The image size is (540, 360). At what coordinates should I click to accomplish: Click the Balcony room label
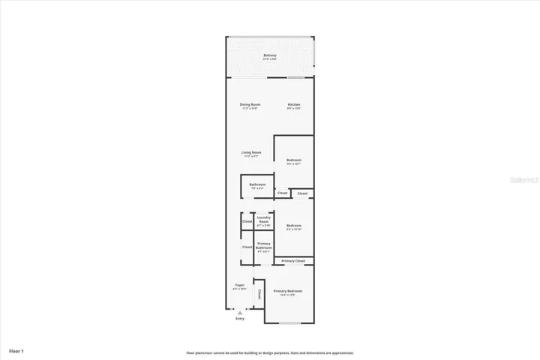tap(270, 57)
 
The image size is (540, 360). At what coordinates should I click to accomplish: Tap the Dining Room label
tap(250, 106)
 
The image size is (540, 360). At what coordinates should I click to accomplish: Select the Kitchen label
tap(294, 106)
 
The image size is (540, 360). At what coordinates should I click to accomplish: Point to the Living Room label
tap(250, 154)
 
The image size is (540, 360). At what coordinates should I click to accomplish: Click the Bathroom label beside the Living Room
tap(258, 185)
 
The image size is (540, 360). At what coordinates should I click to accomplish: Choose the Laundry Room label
tap(263, 220)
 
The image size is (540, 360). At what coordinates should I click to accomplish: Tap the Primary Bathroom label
tap(264, 246)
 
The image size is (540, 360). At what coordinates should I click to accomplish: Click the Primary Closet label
tap(293, 261)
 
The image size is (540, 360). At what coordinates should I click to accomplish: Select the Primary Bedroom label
tap(288, 292)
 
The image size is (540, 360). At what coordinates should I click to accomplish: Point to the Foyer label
tap(240, 286)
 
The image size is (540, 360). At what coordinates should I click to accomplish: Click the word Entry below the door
tap(240, 319)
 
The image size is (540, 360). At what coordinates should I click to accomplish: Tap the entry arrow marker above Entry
tap(240, 312)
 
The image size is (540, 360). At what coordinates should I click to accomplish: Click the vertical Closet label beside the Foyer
tap(259, 293)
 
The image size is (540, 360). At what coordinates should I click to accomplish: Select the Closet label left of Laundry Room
tap(247, 221)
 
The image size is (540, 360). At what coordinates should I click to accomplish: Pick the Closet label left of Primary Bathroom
tap(247, 247)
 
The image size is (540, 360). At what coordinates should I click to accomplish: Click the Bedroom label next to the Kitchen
tap(294, 160)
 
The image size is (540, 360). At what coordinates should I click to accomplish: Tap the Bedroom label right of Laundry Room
tap(294, 226)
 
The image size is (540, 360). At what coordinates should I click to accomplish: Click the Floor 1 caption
tap(16, 350)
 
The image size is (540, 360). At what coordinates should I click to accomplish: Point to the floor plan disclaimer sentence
tap(270, 352)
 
